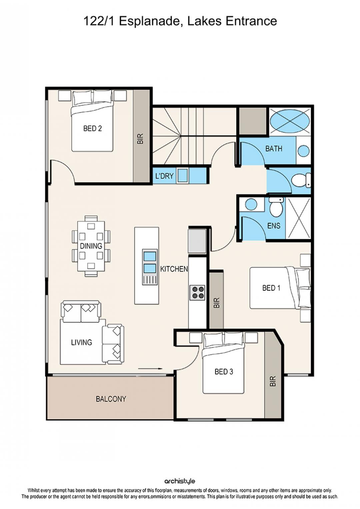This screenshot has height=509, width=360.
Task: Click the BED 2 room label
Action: coord(92,129)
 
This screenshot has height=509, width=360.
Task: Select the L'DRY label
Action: coord(164,176)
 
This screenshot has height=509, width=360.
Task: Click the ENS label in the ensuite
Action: coord(274,226)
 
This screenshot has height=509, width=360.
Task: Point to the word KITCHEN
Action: coord(174,269)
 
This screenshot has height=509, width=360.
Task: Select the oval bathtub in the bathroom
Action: coord(290,121)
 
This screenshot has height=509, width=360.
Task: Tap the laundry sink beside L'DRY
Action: coord(183,175)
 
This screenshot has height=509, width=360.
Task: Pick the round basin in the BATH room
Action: coord(304,151)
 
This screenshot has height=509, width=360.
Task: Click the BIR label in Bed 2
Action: coord(140,138)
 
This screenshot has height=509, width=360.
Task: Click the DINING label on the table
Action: coord(91,246)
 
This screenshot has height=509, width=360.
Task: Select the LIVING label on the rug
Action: coord(82,342)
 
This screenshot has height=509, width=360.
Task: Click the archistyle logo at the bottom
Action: coord(180,481)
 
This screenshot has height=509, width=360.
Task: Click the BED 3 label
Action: coord(224,372)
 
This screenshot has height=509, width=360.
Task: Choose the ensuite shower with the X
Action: coord(298,218)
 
